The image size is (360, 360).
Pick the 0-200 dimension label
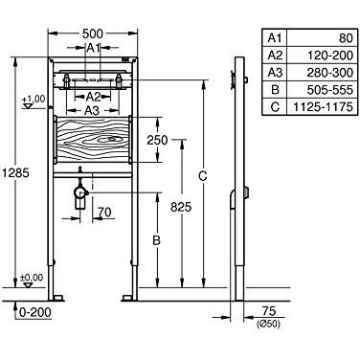(x=34, y=311)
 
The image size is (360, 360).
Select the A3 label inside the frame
(x=92, y=109)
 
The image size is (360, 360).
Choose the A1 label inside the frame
(x=93, y=47)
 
